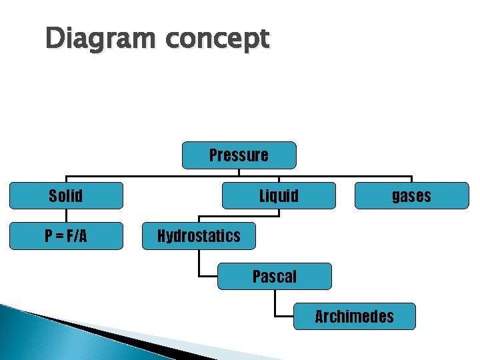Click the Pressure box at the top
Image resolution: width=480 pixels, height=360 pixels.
pos(239,155)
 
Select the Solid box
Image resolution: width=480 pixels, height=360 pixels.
pos(66,196)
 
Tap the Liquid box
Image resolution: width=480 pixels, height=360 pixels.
pos(279,196)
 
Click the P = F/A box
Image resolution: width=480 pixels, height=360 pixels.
pos(66,236)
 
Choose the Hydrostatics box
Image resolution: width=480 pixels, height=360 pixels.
pos(199,236)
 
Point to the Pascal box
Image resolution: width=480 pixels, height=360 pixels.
pos(275,276)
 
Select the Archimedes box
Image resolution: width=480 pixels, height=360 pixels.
pos(354,316)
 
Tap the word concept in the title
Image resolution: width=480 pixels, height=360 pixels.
pos(217,39)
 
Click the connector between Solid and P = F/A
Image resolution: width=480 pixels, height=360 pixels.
pos(66,215)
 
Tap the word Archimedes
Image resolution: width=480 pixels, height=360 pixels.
pos(354,316)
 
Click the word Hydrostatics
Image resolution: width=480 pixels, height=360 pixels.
pos(199,236)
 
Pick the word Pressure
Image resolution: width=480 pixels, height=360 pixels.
pos(239,155)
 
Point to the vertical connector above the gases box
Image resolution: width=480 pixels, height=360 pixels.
pos(412,179)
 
